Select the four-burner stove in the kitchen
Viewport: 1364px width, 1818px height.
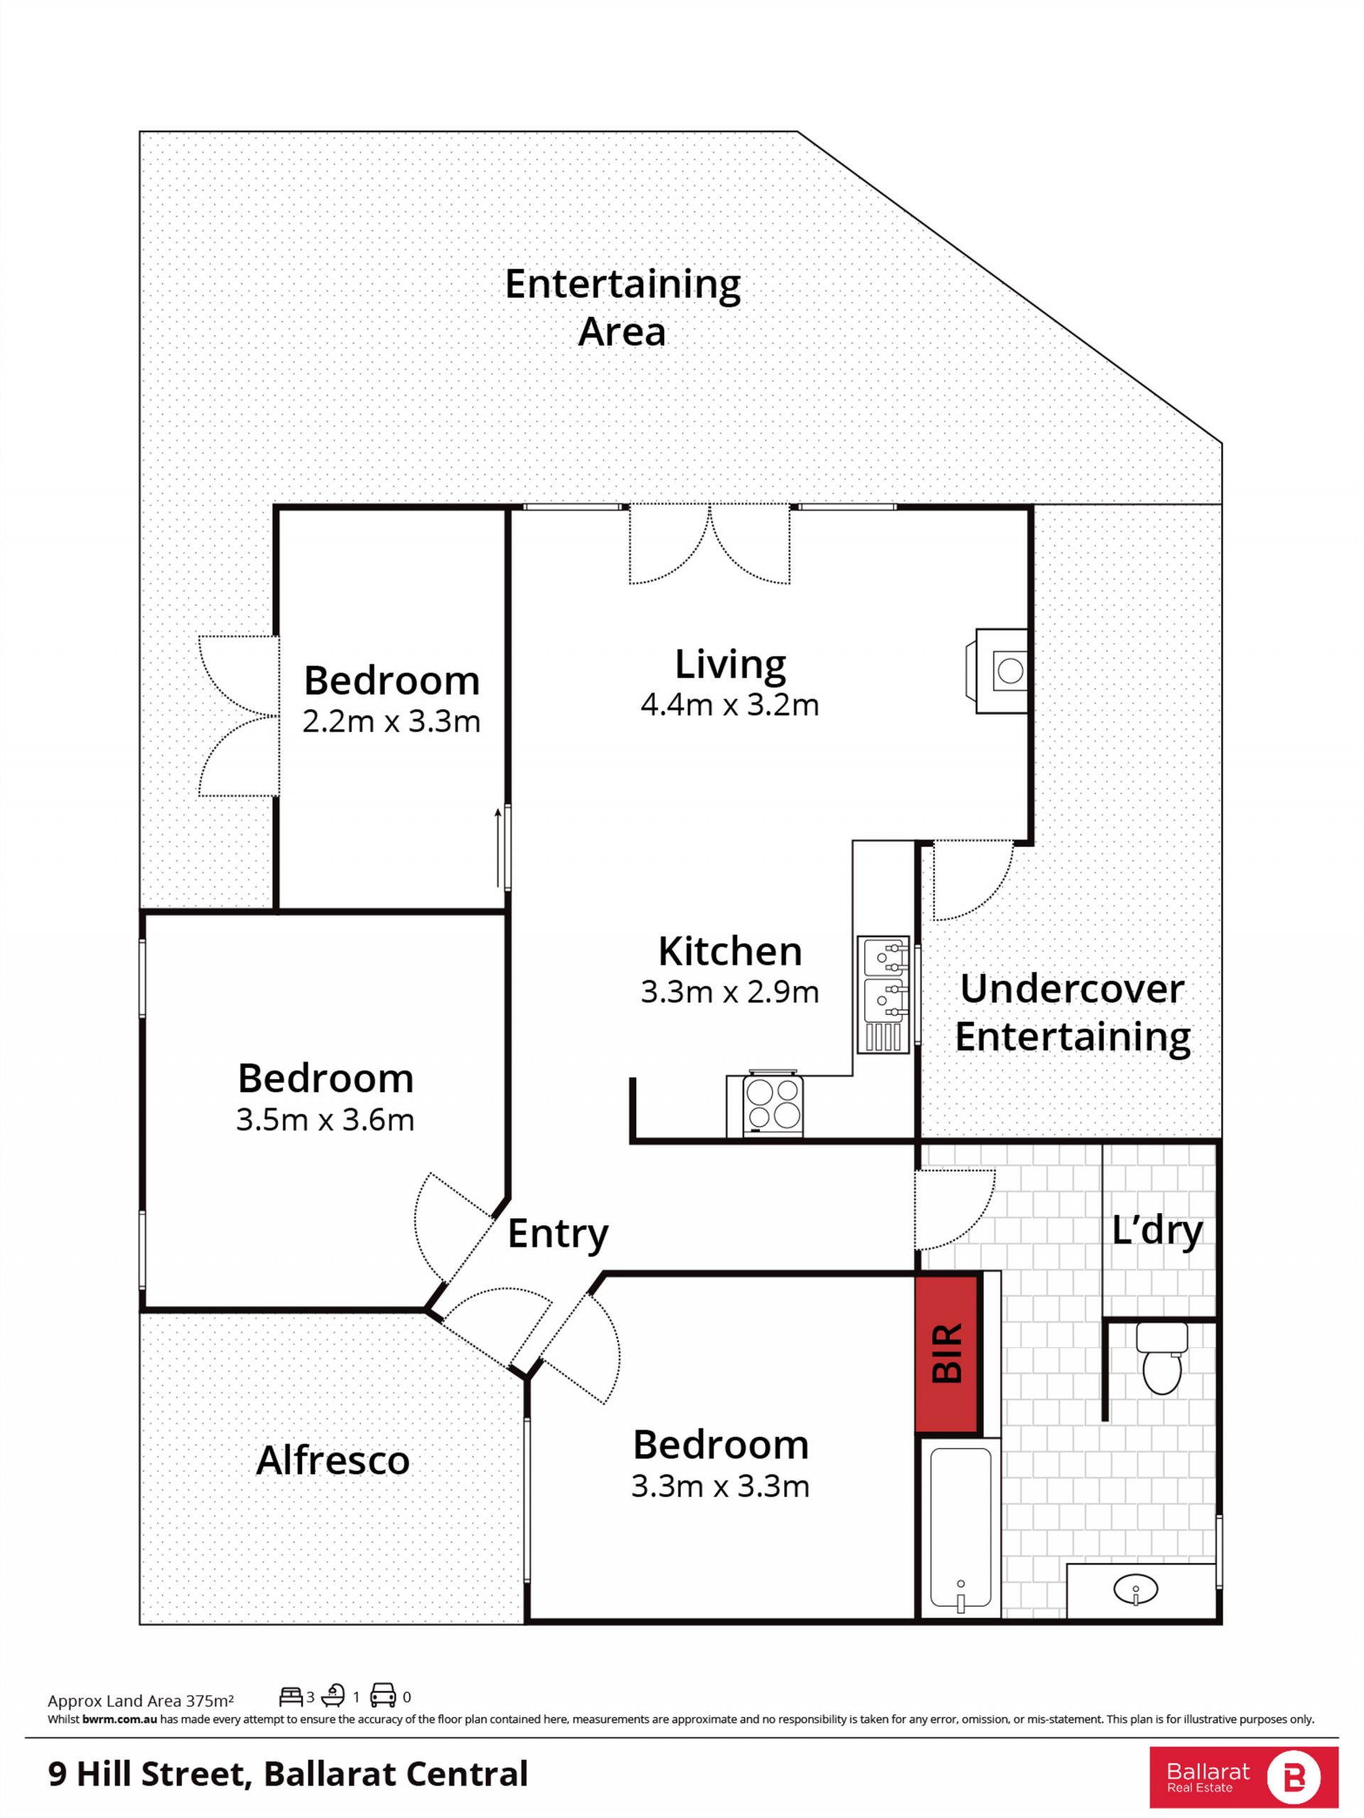click(x=772, y=1104)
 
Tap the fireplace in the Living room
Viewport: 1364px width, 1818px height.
click(x=1002, y=671)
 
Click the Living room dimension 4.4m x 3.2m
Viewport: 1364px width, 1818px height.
click(x=730, y=705)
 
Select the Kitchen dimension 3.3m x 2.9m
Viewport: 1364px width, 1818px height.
click(x=730, y=992)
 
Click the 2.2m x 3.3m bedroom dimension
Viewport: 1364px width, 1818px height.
click(x=391, y=722)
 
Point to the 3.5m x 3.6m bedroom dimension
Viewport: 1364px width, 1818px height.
click(x=325, y=1120)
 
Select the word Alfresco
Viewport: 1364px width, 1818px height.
click(x=332, y=1461)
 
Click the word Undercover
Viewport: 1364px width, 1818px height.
click(x=1071, y=988)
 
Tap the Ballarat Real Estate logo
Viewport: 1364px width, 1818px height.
click(x=1244, y=1777)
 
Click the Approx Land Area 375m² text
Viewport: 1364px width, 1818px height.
click(x=141, y=1701)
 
